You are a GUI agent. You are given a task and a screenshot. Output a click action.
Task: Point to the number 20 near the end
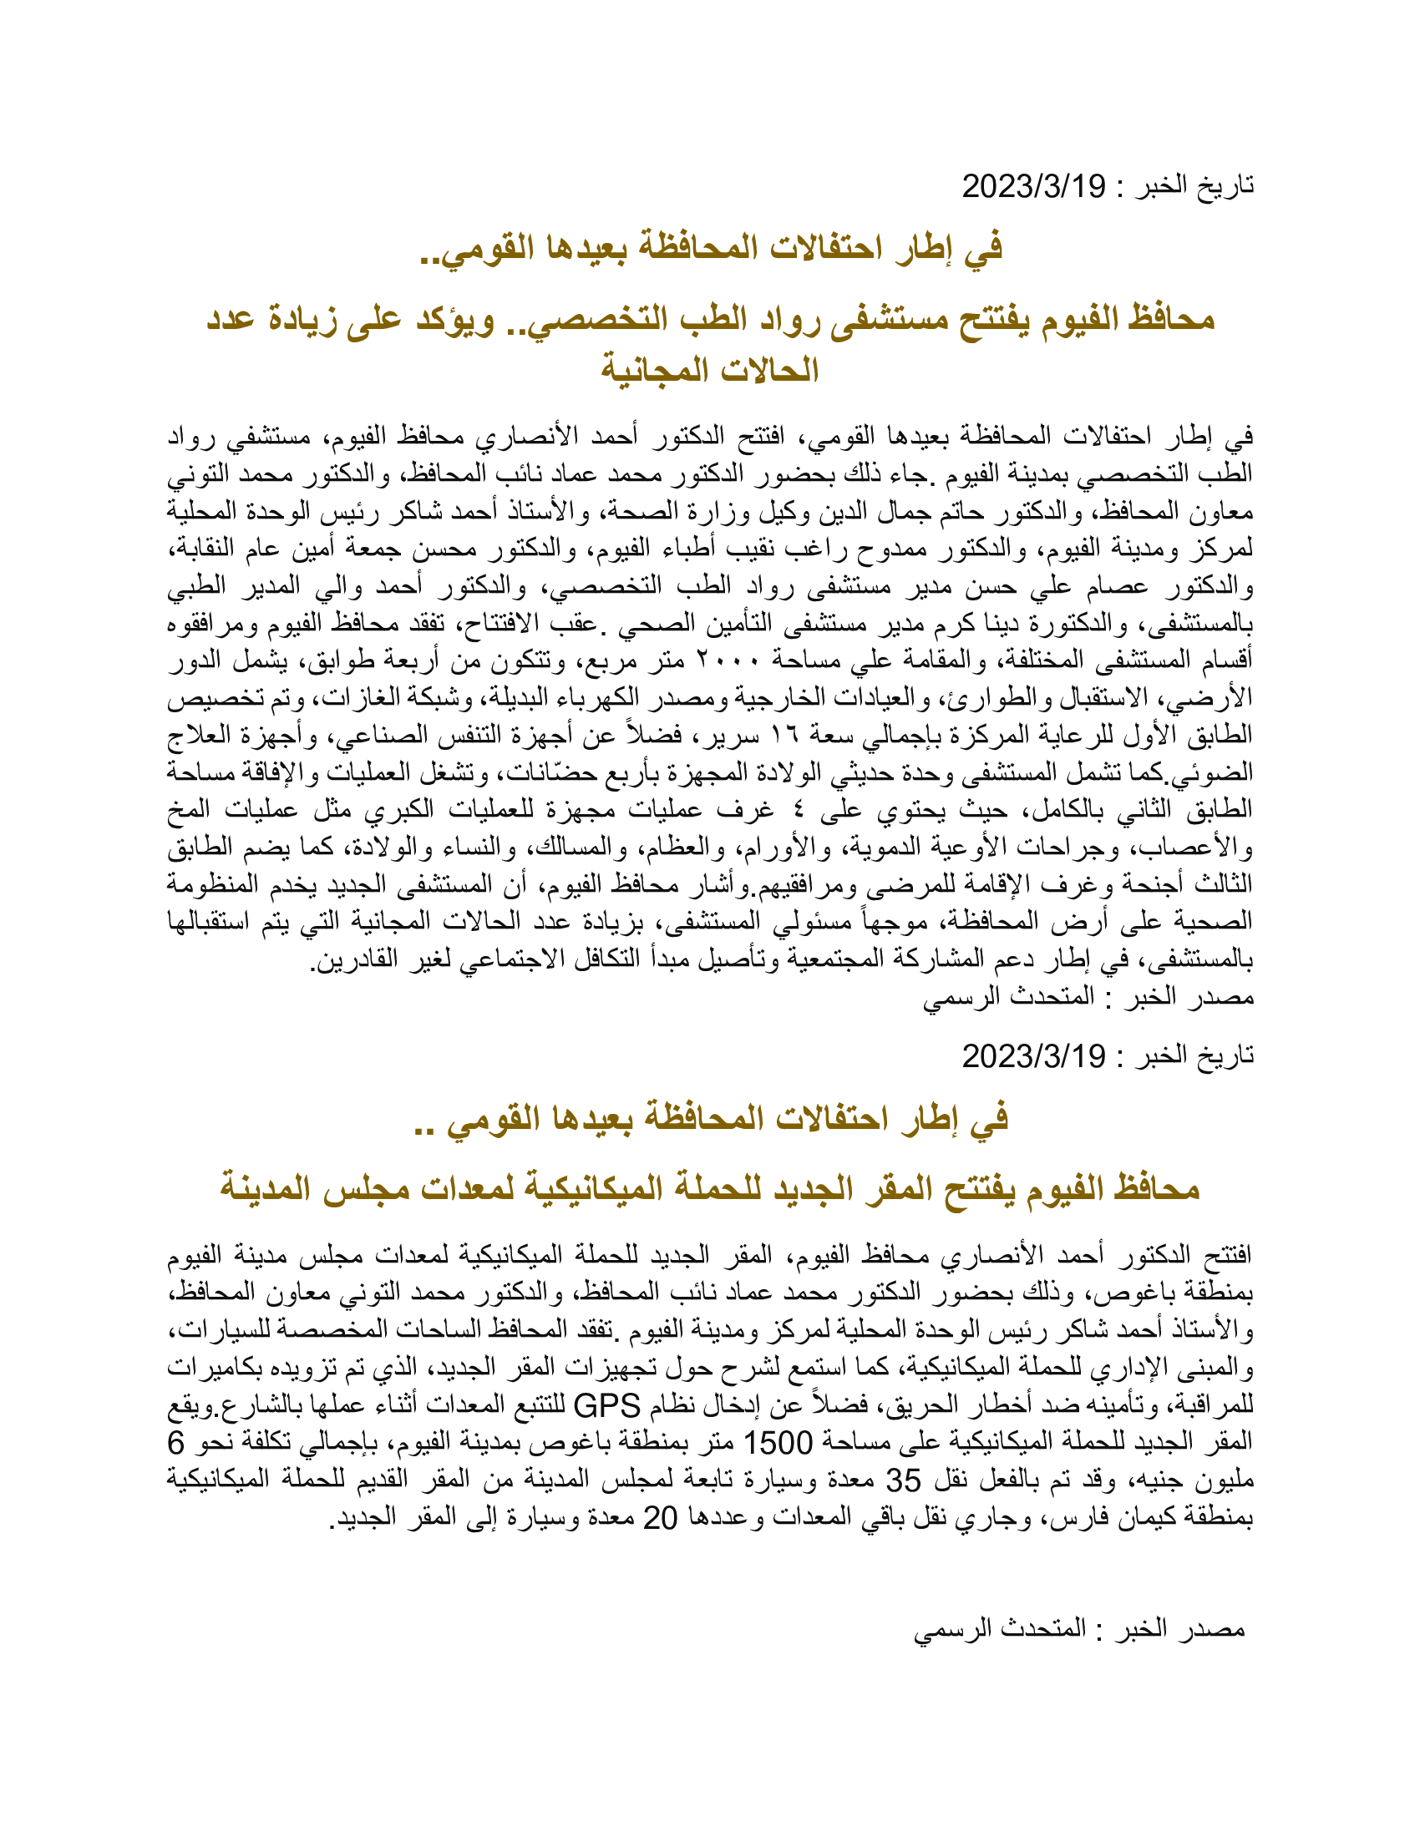[661, 1517]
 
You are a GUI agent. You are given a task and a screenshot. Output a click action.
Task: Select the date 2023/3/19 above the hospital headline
[1034, 186]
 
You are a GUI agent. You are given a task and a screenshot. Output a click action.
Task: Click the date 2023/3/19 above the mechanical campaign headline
[1034, 1055]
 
